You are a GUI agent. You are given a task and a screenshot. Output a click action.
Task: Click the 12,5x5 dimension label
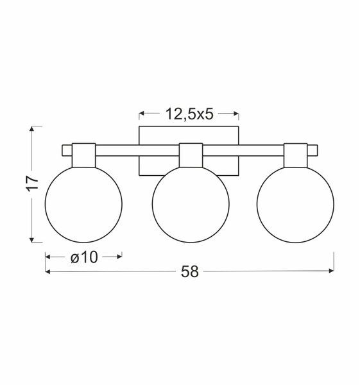click(189, 114)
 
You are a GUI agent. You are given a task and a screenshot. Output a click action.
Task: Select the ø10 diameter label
click(84, 257)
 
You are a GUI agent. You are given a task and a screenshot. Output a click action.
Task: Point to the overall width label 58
click(189, 272)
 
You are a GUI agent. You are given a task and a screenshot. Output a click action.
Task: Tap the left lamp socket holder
click(83, 155)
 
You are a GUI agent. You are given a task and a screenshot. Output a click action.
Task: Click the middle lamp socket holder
click(191, 155)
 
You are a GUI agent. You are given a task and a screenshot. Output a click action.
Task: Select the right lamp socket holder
click(296, 155)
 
